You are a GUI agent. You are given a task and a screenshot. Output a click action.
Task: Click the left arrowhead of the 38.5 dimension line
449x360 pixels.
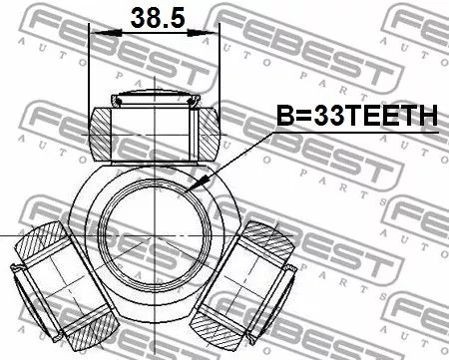pos(96,34)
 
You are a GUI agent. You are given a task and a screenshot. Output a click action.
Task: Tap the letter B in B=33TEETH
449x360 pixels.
pos(283,117)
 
